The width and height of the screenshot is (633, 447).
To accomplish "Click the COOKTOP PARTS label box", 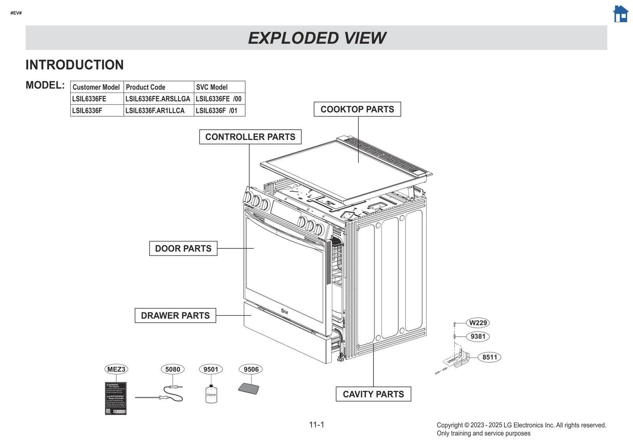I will click(x=357, y=109).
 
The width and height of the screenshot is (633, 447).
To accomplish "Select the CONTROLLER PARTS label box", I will click(x=250, y=137).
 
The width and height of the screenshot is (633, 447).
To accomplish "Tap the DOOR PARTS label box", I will click(x=183, y=249).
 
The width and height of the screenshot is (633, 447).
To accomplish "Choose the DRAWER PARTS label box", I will click(x=175, y=316).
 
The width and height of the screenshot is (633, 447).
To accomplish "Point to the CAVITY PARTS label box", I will click(x=373, y=394).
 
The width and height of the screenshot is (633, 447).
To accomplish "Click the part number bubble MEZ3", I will click(x=116, y=370).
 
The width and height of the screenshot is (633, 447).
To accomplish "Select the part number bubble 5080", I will click(x=172, y=370).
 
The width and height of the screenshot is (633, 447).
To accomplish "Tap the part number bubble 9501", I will click(x=210, y=370).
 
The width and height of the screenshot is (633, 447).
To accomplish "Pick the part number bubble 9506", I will click(x=251, y=370).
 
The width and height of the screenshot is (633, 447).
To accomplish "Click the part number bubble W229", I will click(x=478, y=323).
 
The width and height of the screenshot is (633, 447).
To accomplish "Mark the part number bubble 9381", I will click(x=478, y=337).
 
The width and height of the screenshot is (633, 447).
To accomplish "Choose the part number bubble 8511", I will click(x=489, y=357).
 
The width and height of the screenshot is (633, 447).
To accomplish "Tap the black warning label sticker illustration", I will click(x=116, y=398).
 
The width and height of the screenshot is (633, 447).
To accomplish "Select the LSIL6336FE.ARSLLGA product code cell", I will click(x=158, y=99).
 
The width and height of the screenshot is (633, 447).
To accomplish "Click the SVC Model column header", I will click(x=212, y=87).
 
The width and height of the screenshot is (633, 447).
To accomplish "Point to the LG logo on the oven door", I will click(x=284, y=311).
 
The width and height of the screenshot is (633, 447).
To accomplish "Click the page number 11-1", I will click(x=316, y=425).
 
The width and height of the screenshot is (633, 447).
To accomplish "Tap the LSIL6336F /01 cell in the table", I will click(x=216, y=111).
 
